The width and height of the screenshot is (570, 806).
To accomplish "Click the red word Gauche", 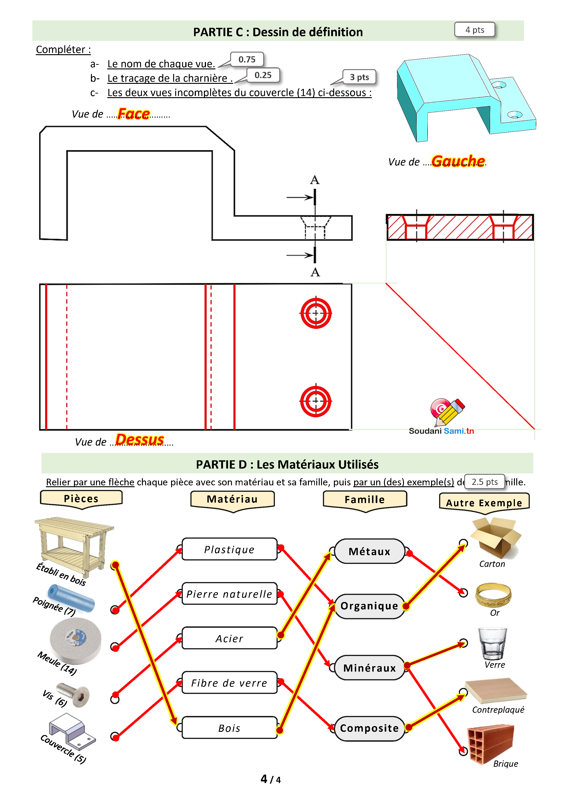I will (458, 161).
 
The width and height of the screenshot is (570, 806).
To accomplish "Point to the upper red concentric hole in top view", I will (316, 313).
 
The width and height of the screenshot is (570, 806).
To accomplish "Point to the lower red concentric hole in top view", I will (316, 401).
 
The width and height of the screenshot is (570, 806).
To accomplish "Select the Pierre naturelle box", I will (230, 594).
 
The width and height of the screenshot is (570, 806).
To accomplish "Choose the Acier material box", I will (230, 638).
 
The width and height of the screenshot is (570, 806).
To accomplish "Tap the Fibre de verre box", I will (230, 683).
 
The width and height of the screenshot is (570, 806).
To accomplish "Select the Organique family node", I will (369, 606).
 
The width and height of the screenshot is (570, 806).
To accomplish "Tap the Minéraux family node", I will (369, 668).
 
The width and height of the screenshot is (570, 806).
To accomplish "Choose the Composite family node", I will (369, 728).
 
